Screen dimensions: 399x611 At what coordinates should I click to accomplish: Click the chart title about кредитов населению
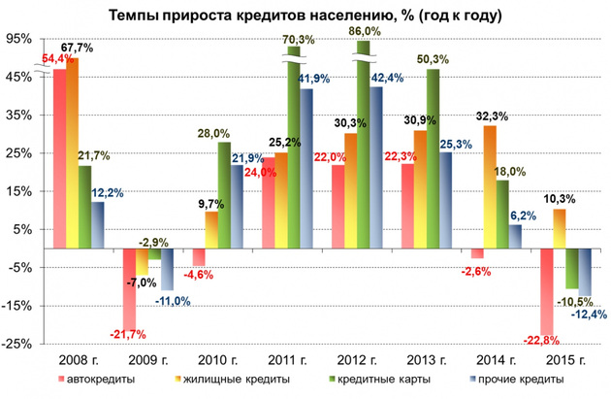(306, 16)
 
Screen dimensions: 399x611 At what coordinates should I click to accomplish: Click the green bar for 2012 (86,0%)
(364, 146)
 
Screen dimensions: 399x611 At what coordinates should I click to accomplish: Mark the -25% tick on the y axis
(17, 344)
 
